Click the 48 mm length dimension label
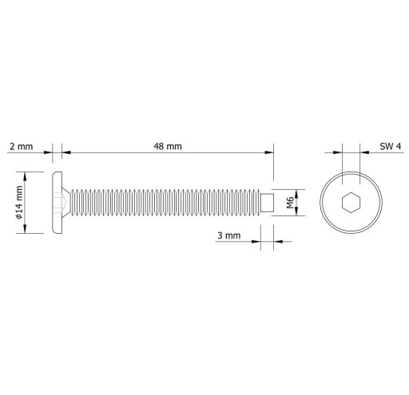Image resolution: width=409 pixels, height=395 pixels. tap(168, 146)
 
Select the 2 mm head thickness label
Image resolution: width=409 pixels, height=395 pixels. tap(22, 147)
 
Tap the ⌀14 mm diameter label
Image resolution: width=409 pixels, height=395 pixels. tap(19, 203)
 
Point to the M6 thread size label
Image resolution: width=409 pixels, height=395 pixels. tap(290, 203)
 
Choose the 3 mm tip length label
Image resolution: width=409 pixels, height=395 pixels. tap(228, 235)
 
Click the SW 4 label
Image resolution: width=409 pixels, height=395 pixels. tap(390, 146)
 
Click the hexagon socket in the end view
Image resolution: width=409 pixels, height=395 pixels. tap(351, 203)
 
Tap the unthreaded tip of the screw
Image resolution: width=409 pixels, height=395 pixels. tap(267, 203)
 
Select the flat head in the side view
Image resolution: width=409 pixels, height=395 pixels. tap(58, 203)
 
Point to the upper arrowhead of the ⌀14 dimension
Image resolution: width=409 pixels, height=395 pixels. tap(25, 177)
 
